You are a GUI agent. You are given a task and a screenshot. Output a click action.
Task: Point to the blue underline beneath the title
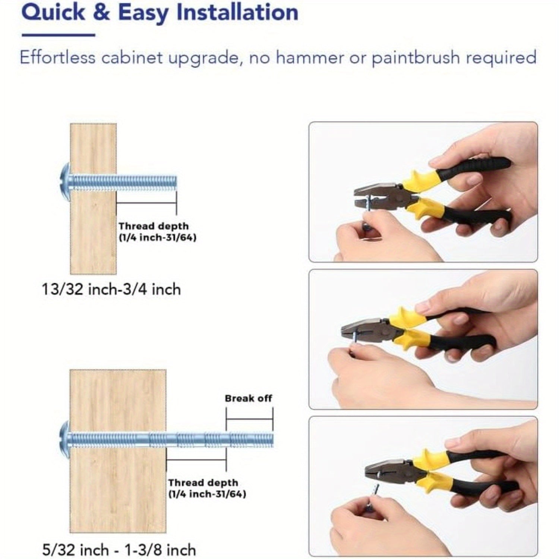pyautogui.click(x=59, y=35)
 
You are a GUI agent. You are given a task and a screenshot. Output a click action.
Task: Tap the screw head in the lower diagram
pyautogui.click(x=65, y=440)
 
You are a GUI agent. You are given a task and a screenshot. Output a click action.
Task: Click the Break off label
pyautogui.click(x=249, y=398)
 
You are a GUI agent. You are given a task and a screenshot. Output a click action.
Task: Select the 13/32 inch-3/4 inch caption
pyautogui.click(x=111, y=290)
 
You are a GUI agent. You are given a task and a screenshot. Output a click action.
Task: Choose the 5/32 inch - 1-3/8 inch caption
pyautogui.click(x=119, y=550)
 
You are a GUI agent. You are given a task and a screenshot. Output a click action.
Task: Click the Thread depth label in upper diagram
pyautogui.click(x=157, y=231)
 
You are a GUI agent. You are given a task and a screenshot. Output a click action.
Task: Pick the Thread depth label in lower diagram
pyautogui.click(x=207, y=488)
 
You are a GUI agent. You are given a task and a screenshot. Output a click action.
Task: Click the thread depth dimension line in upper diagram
pyautogui.click(x=146, y=203)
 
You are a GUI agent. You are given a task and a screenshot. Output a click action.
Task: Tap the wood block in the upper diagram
pyautogui.click(x=93, y=199)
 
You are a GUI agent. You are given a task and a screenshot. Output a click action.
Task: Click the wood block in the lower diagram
pyautogui.click(x=118, y=451)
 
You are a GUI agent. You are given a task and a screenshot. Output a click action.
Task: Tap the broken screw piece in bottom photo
pyautogui.click(x=374, y=492)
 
